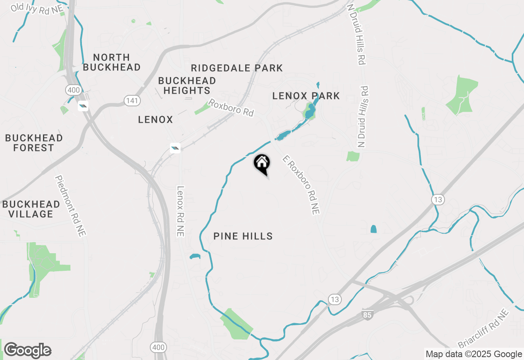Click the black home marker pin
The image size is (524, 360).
coord(262,164)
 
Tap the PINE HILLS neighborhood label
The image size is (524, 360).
coord(243,236)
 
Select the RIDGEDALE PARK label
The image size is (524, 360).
coord(237,68)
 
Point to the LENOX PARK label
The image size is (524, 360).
coord(306,96)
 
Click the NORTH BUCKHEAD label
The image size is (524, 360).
coord(111,62)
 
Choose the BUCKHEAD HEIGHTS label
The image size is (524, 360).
coord(187,85)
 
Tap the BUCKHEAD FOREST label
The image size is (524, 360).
coord(34,143)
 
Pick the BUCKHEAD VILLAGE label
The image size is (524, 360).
coord(31,209)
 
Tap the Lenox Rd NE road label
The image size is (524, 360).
coord(180,211)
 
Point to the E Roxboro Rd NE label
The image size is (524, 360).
coord(301,185)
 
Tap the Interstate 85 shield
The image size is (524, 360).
coord(367,315)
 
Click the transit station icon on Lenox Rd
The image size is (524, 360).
coord(175,148)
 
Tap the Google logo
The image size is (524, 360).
coord(27,350)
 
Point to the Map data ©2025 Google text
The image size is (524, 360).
coord(474,354)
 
